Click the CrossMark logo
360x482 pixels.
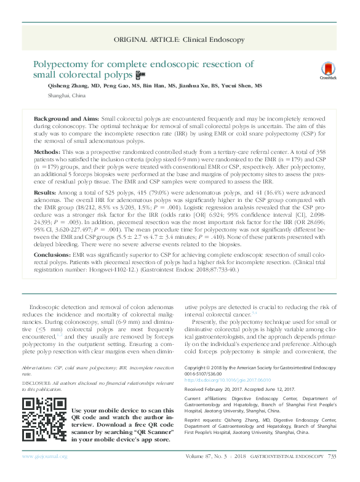click(328, 71)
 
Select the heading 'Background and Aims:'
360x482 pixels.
click(66, 117)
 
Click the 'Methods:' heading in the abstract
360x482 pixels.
click(47, 151)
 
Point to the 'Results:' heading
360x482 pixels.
click(46, 192)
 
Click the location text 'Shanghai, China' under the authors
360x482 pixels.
click(66, 97)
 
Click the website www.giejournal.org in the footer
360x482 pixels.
click(44, 473)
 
